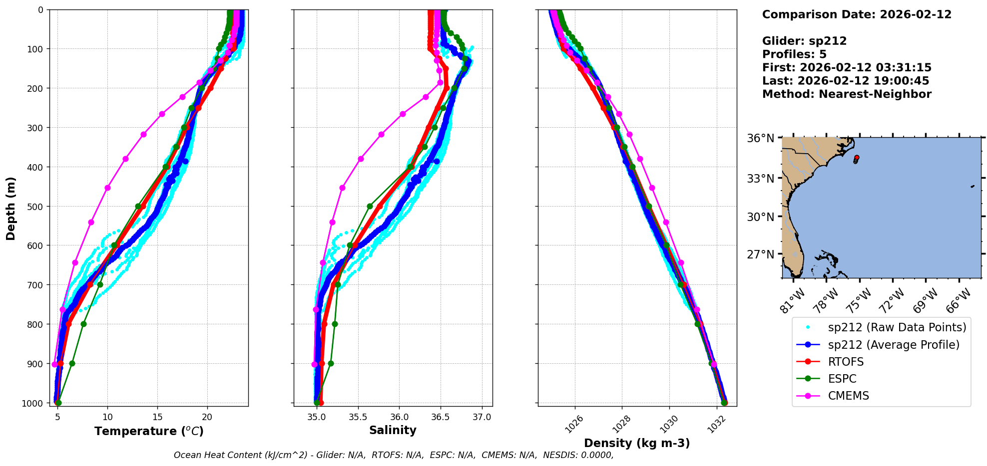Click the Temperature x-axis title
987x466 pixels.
[x=149, y=431]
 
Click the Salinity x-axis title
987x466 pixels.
[x=393, y=431]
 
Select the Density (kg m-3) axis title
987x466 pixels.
[x=637, y=443]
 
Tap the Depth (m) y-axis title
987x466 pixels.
[x=11, y=208]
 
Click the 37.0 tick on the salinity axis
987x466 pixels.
[x=482, y=417]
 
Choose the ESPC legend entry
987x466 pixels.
[x=842, y=379]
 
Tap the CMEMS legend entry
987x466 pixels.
[x=848, y=396]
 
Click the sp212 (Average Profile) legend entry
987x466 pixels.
[x=893, y=345]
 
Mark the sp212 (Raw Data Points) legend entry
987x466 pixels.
[x=897, y=327]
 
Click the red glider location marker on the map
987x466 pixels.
[x=857, y=158]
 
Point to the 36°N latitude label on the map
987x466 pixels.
[x=760, y=138]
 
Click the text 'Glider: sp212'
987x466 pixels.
[x=804, y=41]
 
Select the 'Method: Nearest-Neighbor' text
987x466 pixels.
[x=847, y=94]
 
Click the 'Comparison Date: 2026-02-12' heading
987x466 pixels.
[x=857, y=14]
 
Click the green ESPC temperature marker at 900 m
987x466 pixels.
[x=72, y=363]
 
